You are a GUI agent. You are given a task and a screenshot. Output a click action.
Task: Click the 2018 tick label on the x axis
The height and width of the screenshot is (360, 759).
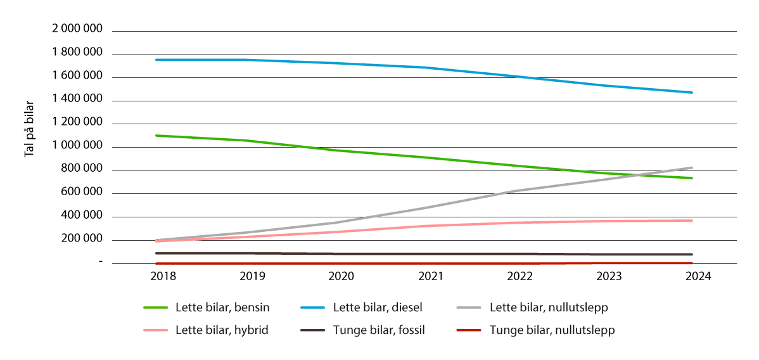(163, 276)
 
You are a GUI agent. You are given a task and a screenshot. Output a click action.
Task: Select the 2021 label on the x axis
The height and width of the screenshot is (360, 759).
(431, 276)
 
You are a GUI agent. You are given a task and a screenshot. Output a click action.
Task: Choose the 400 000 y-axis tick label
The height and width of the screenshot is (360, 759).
(82, 216)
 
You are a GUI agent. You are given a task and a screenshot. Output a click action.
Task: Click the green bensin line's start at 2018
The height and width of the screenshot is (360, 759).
(156, 135)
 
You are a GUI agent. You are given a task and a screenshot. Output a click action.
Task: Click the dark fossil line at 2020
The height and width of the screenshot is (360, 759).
(342, 254)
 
